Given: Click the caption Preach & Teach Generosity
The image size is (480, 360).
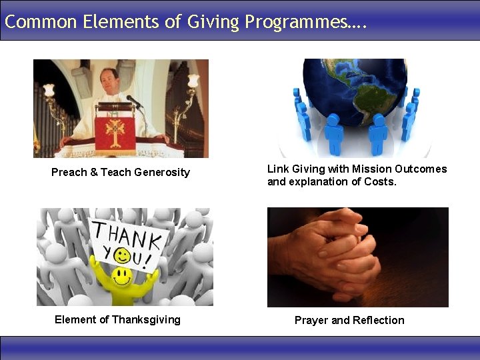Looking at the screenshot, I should tap(121, 172).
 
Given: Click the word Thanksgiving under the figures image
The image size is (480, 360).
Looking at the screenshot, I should tap(146, 319).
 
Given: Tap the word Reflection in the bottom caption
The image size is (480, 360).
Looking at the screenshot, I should tap(379, 320).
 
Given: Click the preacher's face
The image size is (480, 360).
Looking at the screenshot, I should tap(109, 80).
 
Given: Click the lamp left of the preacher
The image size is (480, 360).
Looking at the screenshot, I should tap(48, 89).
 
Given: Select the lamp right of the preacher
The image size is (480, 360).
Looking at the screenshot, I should tap(193, 81).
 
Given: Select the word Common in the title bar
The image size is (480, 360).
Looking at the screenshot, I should tap(41, 21).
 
